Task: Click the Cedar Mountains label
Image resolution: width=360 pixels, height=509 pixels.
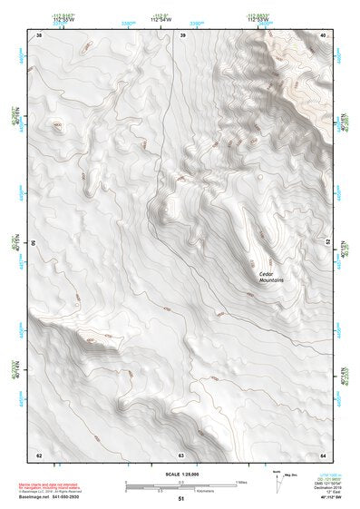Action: click(x=272, y=277)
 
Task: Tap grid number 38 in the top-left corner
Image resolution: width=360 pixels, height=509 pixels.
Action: click(x=38, y=34)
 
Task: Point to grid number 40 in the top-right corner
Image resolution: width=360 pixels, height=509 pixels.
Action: click(x=323, y=34)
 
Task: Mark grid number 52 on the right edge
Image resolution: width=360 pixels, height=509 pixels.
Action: click(x=328, y=244)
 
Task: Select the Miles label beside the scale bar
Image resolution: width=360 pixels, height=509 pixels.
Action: click(x=241, y=481)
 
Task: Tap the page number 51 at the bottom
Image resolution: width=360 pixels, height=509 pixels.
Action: click(x=180, y=500)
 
